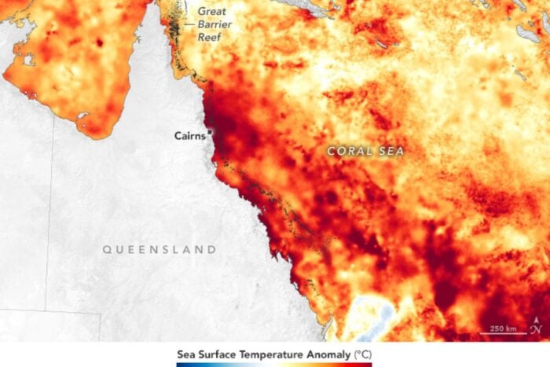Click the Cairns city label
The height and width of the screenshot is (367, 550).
pos(189,135)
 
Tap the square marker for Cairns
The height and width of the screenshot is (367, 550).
pos(210,133)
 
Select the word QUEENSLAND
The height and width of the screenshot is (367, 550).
pos(159,250)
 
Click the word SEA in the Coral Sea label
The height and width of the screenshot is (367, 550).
pos(390,151)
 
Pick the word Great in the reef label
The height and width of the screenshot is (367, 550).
pos(212,11)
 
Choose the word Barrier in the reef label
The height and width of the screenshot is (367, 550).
pos(215,24)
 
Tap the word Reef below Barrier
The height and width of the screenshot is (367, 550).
pos(210,36)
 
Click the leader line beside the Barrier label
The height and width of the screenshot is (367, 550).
pos(189,24)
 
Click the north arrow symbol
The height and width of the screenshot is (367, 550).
pos(536,326)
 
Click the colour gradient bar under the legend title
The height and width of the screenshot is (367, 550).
pos(274,364)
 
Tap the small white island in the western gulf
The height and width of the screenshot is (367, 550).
pos(29,60)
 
